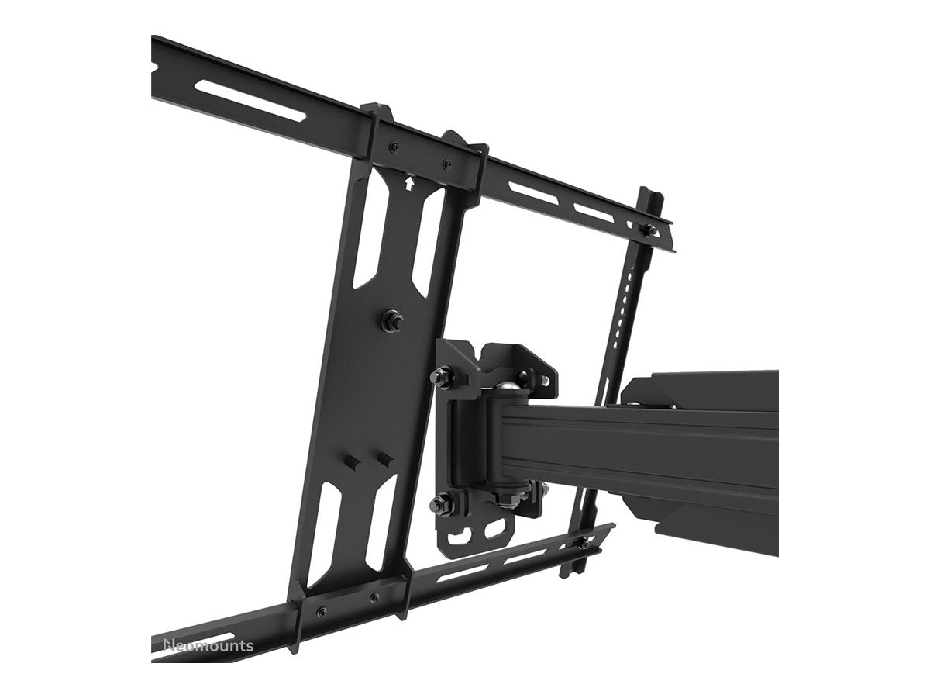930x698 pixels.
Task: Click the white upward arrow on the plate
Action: (408, 184)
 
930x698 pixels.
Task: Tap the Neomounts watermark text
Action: (207, 646)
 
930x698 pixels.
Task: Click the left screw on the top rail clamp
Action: (394, 147)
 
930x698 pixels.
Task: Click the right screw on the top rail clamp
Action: (446, 164)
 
